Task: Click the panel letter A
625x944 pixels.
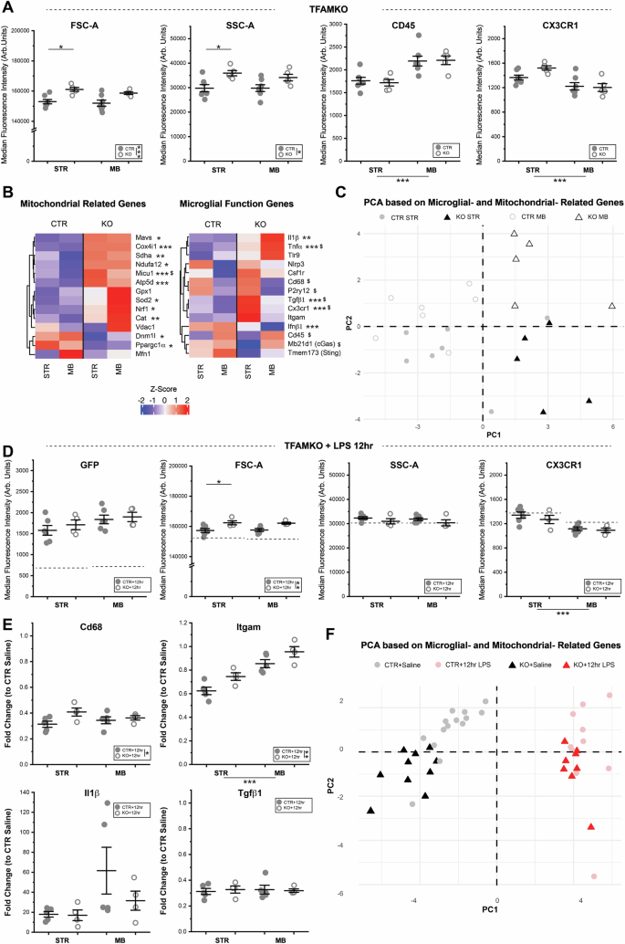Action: click(x=7, y=8)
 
